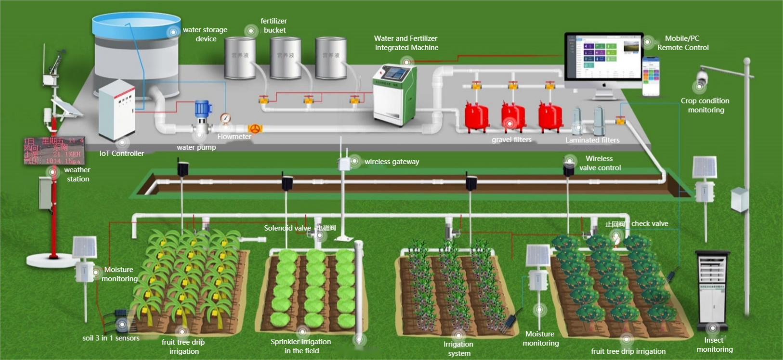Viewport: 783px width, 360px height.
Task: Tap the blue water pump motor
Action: pyautogui.click(x=203, y=110)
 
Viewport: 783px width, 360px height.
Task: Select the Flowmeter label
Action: pyautogui.click(x=234, y=137)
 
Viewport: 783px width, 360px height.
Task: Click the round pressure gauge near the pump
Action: pyautogui.click(x=225, y=118)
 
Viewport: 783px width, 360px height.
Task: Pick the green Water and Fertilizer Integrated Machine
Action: pyautogui.click(x=394, y=94)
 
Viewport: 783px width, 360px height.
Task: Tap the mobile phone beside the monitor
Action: pyautogui.click(x=651, y=77)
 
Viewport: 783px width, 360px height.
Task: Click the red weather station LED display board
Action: pyautogui.click(x=54, y=151)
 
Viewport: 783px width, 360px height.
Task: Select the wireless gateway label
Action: pyautogui.click(x=391, y=162)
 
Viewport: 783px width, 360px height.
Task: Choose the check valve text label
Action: pyautogui.click(x=650, y=224)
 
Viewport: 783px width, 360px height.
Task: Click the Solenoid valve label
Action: pyautogui.click(x=287, y=228)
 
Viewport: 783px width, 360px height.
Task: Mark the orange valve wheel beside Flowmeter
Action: pyautogui.click(x=255, y=129)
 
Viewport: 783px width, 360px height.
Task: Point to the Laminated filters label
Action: pyautogui.click(x=592, y=140)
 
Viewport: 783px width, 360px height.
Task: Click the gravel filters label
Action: pyautogui.click(x=511, y=140)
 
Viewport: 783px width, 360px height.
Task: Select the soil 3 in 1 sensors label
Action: pyautogui.click(x=111, y=338)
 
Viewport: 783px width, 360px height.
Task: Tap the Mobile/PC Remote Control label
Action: pyautogui.click(x=683, y=43)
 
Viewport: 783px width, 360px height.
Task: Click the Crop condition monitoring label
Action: pyautogui.click(x=705, y=105)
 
